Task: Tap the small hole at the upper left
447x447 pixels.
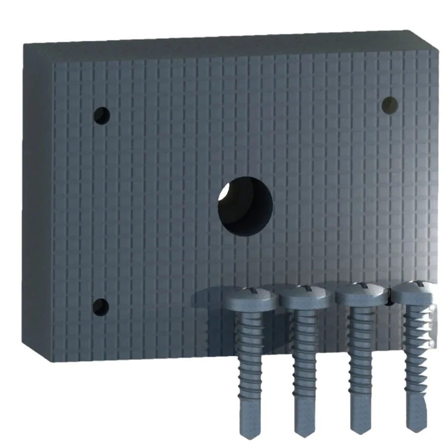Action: [102, 116]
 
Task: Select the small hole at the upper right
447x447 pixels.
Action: [390, 104]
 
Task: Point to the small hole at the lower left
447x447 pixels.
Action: [101, 307]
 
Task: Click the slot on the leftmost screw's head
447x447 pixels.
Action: [250, 291]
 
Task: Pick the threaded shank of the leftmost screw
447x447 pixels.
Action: [249, 353]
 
